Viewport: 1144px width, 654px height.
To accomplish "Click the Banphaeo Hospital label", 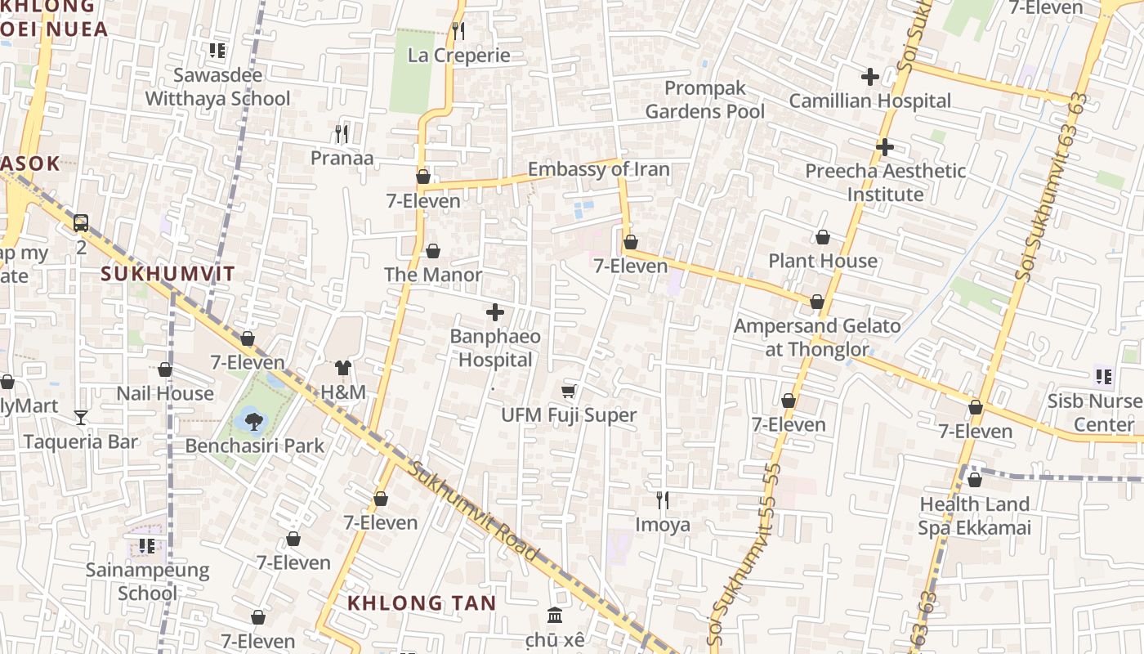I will pos(494,348).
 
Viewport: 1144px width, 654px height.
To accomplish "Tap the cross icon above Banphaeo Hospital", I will pos(495,312).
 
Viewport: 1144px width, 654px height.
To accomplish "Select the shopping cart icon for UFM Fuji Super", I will pos(569,392).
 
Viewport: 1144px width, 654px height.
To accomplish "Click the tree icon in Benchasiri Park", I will pos(253,421).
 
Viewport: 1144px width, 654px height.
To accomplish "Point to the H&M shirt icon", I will pos(343,369).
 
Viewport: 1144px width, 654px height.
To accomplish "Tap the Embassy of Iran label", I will pos(598,170).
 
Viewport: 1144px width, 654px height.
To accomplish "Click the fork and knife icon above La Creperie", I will pos(458,31).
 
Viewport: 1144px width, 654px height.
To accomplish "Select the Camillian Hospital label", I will pos(869,101).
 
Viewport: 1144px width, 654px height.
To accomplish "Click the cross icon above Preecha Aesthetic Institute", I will pos(884,147).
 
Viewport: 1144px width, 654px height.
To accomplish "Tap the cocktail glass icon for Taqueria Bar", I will pos(81,418).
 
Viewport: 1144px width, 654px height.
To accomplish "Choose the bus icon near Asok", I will pos(81,222).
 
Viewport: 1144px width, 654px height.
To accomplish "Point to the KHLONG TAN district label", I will pos(422,603).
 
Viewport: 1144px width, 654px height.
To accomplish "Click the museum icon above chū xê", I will pos(555,615).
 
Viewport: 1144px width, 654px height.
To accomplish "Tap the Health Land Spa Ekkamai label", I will pos(975,516).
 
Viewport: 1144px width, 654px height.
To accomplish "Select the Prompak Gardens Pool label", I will pos(704,100).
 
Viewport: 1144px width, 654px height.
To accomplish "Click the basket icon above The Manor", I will pos(433,251).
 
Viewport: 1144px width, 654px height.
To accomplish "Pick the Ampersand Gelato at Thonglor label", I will pos(817,338).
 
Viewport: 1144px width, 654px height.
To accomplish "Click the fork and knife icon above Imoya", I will pos(663,499).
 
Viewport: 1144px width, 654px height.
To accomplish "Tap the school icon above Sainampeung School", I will pos(147,545).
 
